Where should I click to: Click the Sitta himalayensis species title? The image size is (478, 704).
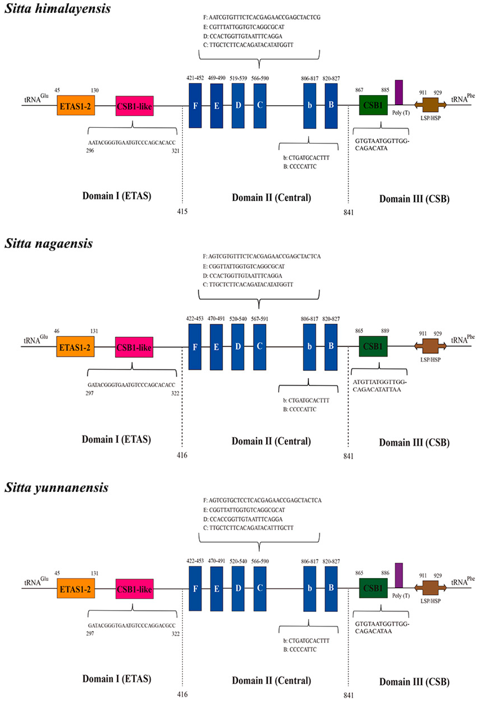(57, 9)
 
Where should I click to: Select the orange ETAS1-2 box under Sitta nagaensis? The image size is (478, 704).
(75, 347)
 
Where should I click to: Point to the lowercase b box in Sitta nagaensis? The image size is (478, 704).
(309, 347)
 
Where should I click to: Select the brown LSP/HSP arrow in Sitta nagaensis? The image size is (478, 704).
(430, 346)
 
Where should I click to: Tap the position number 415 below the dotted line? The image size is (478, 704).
(182, 211)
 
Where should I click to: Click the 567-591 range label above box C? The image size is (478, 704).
(259, 319)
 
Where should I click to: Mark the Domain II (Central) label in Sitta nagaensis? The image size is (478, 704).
(271, 441)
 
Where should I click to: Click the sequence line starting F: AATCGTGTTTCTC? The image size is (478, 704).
(262, 18)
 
